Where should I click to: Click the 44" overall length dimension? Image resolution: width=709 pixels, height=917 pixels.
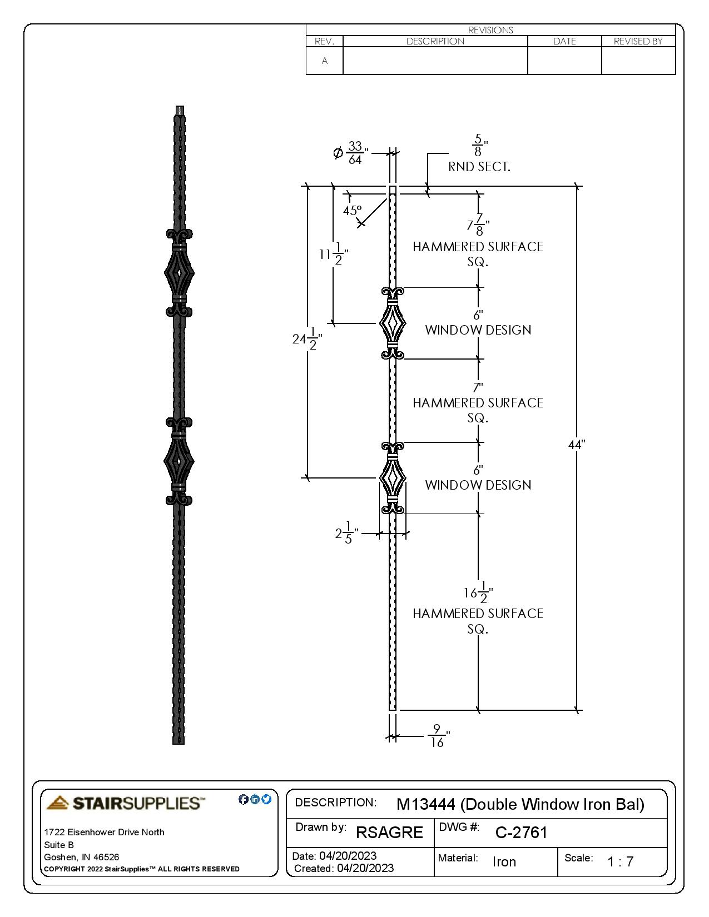(x=577, y=445)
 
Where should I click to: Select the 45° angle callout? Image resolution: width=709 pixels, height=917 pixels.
(x=352, y=211)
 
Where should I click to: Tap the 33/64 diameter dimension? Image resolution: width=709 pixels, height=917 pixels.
(x=354, y=153)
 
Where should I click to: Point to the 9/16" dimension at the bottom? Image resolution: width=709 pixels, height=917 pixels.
(x=438, y=736)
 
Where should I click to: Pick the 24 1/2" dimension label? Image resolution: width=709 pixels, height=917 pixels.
(x=306, y=338)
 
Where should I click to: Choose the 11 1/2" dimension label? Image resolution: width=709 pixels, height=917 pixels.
(x=334, y=255)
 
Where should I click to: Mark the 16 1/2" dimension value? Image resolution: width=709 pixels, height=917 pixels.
(x=478, y=592)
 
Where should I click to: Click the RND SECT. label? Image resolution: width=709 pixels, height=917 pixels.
(x=479, y=167)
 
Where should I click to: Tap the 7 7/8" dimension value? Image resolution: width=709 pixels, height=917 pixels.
(x=478, y=225)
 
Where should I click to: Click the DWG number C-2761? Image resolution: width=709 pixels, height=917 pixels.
(x=521, y=833)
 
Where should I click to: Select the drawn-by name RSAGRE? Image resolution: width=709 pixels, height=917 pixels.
(x=389, y=833)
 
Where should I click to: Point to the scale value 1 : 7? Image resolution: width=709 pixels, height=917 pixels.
(x=620, y=862)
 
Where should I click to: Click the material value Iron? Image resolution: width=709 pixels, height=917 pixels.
(x=504, y=862)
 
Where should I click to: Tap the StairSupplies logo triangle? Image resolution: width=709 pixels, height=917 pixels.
(x=58, y=803)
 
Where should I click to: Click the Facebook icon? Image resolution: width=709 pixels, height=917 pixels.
(x=243, y=799)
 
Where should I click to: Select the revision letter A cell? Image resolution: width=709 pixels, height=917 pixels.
(x=325, y=61)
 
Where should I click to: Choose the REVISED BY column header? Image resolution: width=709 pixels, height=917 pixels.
(x=638, y=41)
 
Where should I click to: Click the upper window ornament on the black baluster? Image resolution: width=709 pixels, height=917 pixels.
(x=179, y=273)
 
